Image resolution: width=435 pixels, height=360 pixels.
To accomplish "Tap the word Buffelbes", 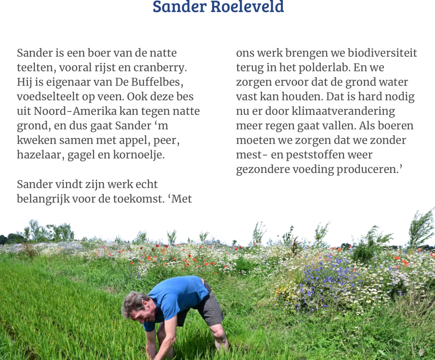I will point(157,82).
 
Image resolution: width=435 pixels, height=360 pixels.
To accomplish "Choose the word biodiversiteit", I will point(382,53).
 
